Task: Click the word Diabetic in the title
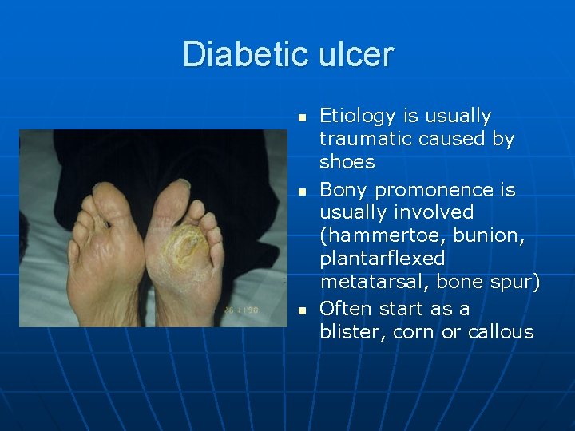[x=246, y=54]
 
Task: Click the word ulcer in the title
[x=356, y=54]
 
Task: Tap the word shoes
[x=347, y=162]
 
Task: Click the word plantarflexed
[x=383, y=259]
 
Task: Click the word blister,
[x=352, y=333]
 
